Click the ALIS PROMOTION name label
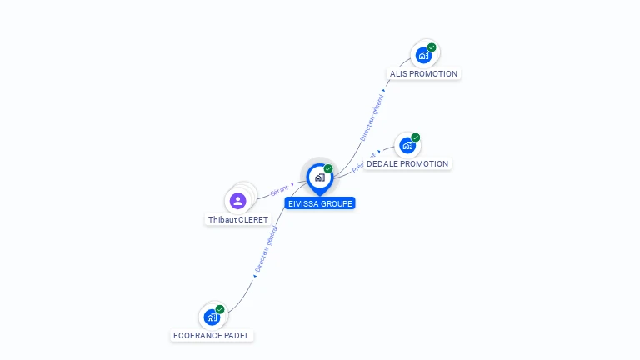pos(423,74)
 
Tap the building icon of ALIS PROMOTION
pos(423,56)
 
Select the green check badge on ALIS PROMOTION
pos(432,47)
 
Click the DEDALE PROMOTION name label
pos(407,164)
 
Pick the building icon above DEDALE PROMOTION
pos(407,146)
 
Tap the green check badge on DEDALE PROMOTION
pos(415,137)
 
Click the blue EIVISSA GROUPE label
pos(320,203)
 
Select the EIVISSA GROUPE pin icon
pos(319,177)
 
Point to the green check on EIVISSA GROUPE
pos(328,169)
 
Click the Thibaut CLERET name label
pos(238,220)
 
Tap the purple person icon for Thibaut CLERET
pos(237,201)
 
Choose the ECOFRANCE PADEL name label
pos(212,336)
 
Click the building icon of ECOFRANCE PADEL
pos(212,317)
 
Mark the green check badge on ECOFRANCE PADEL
pos(220,309)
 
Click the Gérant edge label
pos(280,190)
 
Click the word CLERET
pos(253,220)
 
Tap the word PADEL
pos(237,336)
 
